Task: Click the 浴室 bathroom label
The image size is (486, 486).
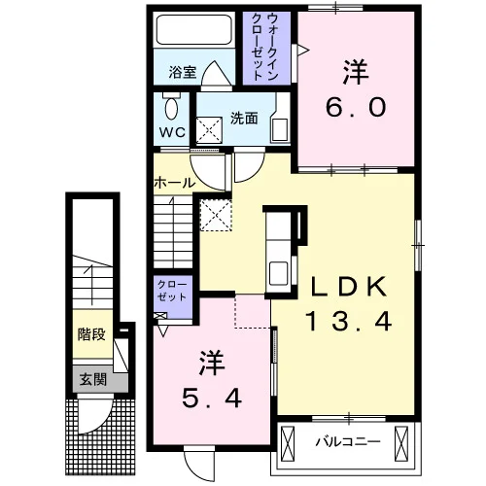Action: coord(183,72)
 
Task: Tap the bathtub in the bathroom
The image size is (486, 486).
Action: coord(194,30)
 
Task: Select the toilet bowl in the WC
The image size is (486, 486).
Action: coord(171,109)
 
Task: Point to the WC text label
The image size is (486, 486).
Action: coord(172,132)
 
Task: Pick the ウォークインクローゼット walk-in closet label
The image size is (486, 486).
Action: coord(265,48)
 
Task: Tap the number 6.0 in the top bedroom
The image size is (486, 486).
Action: coord(356,107)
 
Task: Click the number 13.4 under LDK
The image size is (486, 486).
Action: coord(348,321)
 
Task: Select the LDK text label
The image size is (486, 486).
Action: coord(349,287)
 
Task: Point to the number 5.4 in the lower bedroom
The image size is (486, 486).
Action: coord(212,399)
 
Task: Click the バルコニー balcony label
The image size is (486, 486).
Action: coord(348,441)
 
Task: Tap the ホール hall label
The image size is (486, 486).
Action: coord(175,183)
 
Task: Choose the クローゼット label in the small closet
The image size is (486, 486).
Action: coord(172,291)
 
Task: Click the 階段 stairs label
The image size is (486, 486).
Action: coord(91,334)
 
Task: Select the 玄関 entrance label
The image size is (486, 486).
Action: coord(93,379)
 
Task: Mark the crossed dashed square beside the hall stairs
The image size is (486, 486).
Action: coord(216,215)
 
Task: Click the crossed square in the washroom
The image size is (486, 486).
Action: coord(209,130)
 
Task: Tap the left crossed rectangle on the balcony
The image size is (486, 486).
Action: coord(288,443)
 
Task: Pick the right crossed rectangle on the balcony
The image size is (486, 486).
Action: coord(401,443)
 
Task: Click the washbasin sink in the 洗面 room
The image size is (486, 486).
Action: coord(280,130)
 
